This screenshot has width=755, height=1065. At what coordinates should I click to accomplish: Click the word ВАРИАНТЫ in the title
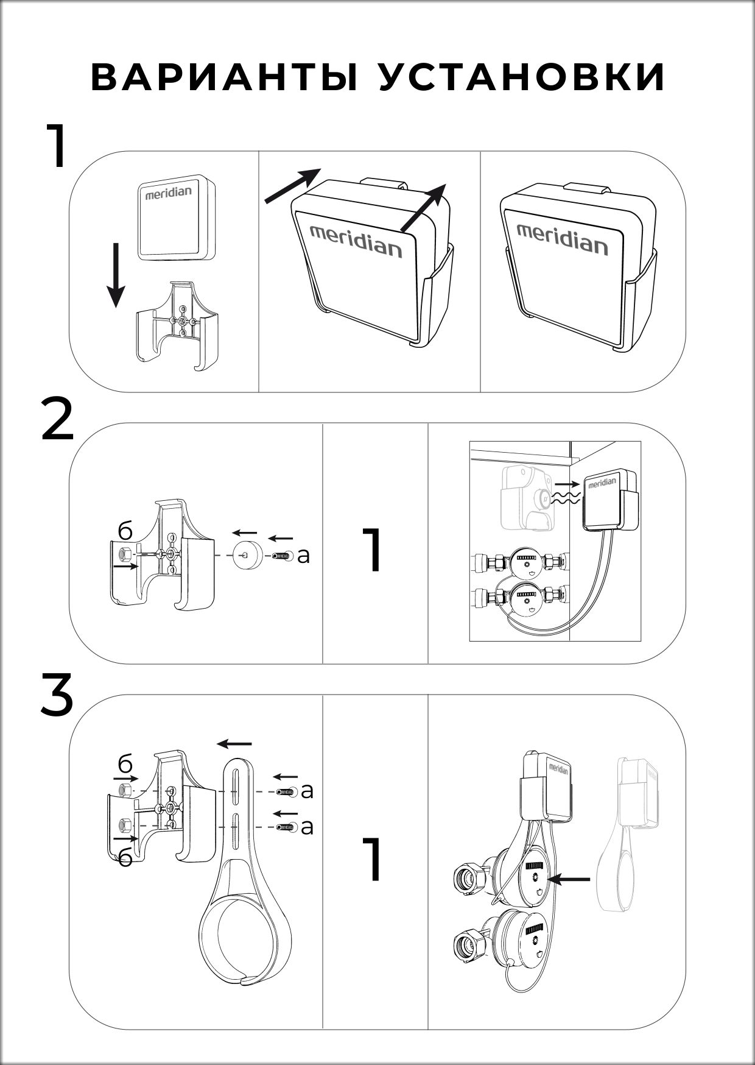click(x=225, y=77)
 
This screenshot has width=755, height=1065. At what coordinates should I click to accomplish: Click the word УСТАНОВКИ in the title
click(x=522, y=77)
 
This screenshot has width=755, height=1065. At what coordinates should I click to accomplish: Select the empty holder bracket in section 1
click(x=177, y=327)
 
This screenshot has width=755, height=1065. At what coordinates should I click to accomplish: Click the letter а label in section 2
click(x=303, y=555)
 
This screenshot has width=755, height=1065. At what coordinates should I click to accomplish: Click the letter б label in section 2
click(x=125, y=532)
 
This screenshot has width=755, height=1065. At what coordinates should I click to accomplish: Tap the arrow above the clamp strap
click(x=234, y=744)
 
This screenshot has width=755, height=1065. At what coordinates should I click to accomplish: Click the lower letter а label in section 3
click(x=307, y=827)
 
